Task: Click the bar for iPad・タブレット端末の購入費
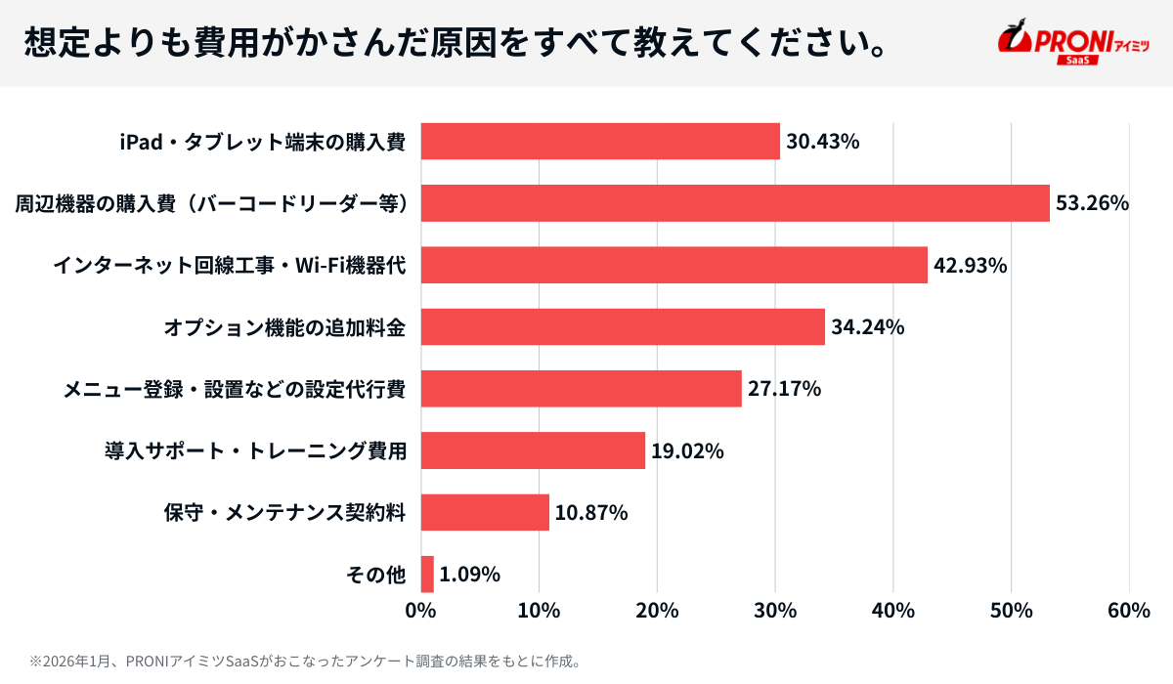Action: click(x=600, y=141)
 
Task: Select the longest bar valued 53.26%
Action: click(x=735, y=203)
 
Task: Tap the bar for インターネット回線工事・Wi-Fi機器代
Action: click(x=673, y=265)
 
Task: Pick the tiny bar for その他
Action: click(x=427, y=574)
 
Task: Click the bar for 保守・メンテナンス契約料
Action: click(x=485, y=512)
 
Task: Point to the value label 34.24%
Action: click(x=867, y=327)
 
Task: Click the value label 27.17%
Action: click(x=784, y=389)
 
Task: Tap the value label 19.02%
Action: click(x=687, y=450)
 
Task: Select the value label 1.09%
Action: click(x=469, y=574)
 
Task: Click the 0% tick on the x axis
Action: click(x=420, y=611)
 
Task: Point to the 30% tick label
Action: click(x=775, y=611)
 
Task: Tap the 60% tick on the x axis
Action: click(x=1129, y=611)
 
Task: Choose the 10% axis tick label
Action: click(x=539, y=611)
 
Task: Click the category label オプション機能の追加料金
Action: click(x=284, y=327)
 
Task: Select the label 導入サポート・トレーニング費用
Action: click(x=255, y=450)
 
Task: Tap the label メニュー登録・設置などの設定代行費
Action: click(x=235, y=389)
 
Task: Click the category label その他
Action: click(x=376, y=574)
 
